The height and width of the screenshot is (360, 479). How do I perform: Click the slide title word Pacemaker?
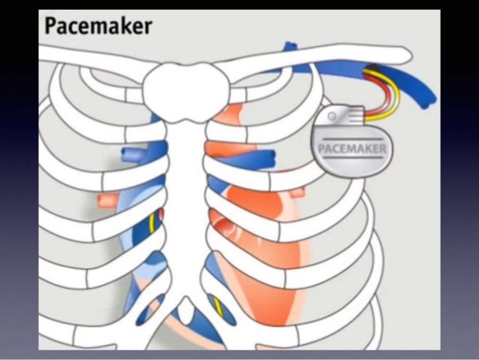pyautogui.click(x=98, y=26)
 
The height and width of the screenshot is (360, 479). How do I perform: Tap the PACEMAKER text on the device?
pyautogui.click(x=352, y=148)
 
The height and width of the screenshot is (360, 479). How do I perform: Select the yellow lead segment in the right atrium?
pyautogui.click(x=155, y=222)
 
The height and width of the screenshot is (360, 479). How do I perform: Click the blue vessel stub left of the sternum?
pyautogui.click(x=136, y=155)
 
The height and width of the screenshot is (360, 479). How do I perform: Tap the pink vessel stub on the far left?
pyautogui.click(x=105, y=201)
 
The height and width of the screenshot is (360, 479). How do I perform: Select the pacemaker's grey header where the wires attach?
pyautogui.click(x=346, y=117)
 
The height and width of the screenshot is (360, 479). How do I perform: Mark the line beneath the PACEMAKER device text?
pyautogui.click(x=352, y=159)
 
